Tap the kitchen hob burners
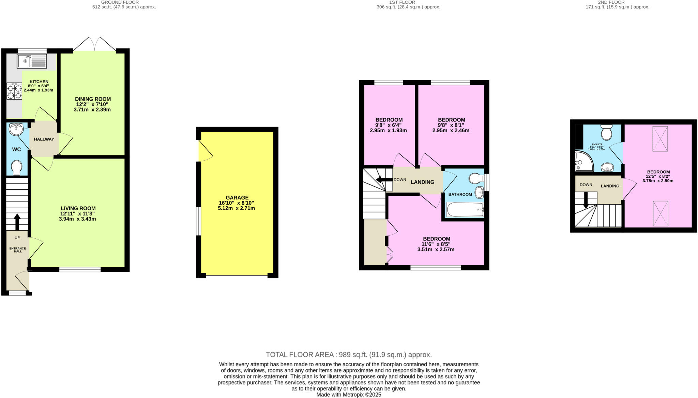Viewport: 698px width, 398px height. [14, 91]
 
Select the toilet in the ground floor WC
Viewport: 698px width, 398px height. [16, 167]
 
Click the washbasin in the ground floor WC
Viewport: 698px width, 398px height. [16, 129]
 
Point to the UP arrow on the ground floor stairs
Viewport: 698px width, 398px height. [17, 221]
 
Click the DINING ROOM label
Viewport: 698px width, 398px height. [93, 99]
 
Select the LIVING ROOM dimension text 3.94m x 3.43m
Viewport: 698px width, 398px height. [77, 219]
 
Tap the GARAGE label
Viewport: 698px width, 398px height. [237, 197]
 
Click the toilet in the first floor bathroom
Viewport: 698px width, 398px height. [476, 178]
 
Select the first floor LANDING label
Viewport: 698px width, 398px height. [422, 182]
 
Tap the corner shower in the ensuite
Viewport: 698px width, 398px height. [583, 161]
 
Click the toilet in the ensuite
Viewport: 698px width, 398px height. [606, 132]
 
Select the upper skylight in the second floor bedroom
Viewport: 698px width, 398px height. [660, 138]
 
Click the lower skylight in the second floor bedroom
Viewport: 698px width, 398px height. [660, 213]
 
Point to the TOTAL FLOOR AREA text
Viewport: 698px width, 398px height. [349, 355]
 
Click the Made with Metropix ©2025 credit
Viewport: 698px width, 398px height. [349, 395]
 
